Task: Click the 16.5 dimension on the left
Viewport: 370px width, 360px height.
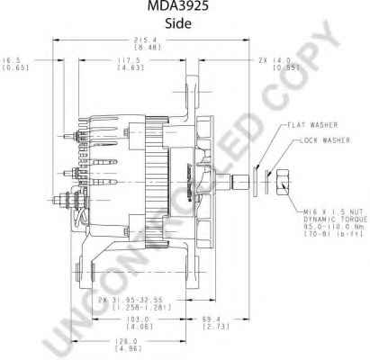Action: tap(14, 59)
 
